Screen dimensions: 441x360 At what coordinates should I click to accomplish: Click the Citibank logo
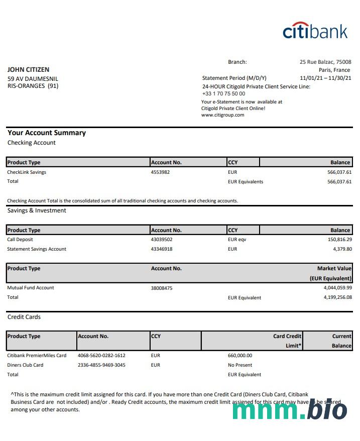[x=315, y=31]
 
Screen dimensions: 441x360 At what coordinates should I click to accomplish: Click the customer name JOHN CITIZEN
[x=28, y=70]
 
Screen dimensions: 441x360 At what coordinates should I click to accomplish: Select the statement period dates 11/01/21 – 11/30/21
[x=325, y=78]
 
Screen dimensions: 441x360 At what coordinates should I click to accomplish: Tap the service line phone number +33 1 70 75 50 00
[x=223, y=93]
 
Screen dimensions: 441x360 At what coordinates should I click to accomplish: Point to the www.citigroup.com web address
[x=222, y=115]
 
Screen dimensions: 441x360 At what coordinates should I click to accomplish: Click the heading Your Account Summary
[x=47, y=133]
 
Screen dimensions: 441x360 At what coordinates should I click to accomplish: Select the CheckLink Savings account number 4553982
[x=160, y=172]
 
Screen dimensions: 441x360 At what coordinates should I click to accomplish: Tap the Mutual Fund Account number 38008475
[x=162, y=288]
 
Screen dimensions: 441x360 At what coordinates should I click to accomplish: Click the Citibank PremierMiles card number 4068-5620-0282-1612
[x=101, y=356]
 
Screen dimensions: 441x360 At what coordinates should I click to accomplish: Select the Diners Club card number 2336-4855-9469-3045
[x=101, y=365]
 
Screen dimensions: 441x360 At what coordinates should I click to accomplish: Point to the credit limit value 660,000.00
[x=240, y=356]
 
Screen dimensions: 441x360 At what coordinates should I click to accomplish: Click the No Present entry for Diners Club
[x=240, y=365]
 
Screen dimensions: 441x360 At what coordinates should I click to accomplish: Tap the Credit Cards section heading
[x=24, y=317]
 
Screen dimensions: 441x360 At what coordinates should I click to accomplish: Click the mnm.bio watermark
[x=290, y=410]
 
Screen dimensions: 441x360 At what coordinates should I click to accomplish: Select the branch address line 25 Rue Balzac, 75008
[x=325, y=62]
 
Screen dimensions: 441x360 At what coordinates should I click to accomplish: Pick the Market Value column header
[x=334, y=269]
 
